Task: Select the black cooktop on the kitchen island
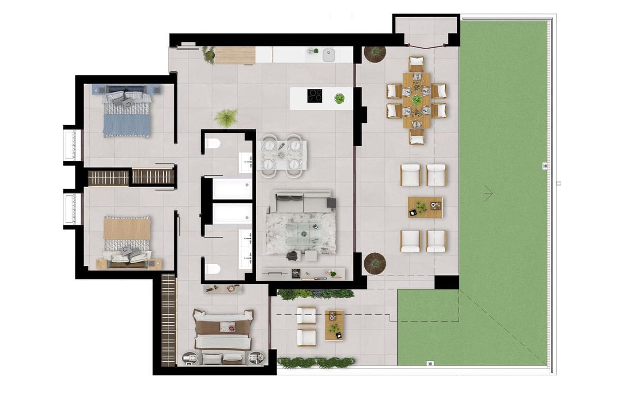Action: point(315,96)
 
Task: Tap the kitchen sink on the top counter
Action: point(329,54)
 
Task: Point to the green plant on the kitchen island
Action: point(339,98)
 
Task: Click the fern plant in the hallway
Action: point(226,117)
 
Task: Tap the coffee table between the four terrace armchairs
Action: point(425,207)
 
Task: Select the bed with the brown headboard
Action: point(223,336)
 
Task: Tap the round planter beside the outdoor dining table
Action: point(375,54)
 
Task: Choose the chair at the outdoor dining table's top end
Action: point(416,64)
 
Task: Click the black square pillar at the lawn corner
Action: point(446,282)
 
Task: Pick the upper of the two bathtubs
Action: point(232,188)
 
